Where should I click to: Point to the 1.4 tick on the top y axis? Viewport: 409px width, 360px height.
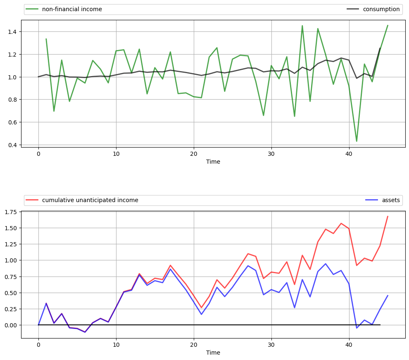click(13, 32)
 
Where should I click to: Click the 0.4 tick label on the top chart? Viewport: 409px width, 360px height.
click(13, 145)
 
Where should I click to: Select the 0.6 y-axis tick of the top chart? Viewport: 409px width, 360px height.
click(13, 122)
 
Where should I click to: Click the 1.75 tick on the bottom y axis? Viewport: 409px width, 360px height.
click(12, 212)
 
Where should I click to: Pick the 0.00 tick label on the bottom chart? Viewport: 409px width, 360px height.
click(12, 325)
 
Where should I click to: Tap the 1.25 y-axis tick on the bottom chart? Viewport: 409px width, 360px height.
click(12, 244)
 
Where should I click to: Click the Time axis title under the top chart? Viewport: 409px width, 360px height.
click(213, 162)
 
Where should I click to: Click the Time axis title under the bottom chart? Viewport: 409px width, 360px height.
click(213, 353)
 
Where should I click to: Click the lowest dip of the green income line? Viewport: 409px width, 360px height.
click(357, 141)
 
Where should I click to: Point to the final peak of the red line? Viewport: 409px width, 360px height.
click(388, 216)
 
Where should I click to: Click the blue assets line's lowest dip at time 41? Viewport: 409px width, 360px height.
click(357, 328)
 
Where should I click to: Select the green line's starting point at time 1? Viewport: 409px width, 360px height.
click(46, 39)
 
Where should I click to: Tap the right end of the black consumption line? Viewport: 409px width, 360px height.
click(380, 48)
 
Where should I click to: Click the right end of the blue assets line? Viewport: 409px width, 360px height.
click(388, 296)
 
